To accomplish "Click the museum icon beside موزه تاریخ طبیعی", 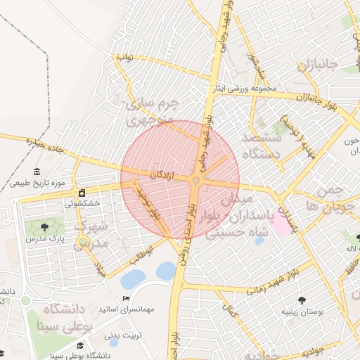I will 37,172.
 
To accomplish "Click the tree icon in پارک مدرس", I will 45,226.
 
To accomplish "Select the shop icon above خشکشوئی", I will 82,193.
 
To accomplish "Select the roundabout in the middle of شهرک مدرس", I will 84,243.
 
